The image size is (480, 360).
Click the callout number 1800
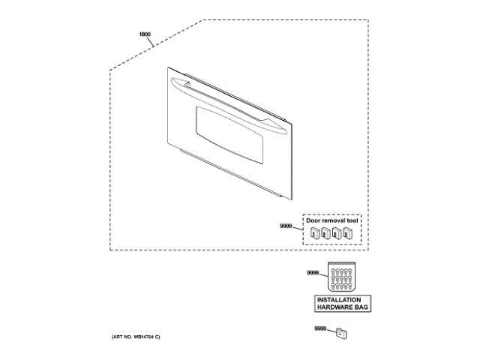145,35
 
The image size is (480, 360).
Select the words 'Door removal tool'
332,221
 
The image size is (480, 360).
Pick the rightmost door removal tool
347,234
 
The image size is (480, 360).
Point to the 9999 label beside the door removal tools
285,226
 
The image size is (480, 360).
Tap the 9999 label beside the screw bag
313,273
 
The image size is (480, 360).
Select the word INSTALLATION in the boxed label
342,300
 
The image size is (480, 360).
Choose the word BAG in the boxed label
360,307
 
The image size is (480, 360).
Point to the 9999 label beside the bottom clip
320,328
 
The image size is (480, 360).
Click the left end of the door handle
172,82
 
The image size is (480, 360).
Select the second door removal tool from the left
325,234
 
